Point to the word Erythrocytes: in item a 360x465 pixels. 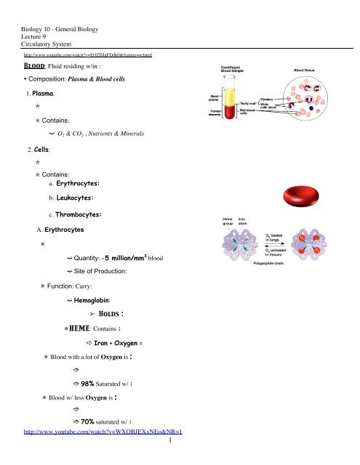pos(74,165)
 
